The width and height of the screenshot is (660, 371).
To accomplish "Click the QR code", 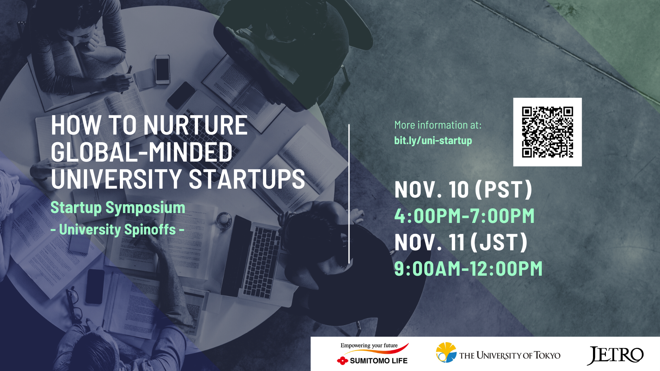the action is [547, 132].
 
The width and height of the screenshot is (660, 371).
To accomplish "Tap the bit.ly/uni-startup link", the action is [433, 140].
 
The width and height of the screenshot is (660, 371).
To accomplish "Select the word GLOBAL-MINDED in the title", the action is [142, 152].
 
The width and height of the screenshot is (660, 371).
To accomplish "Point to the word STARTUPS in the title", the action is [247, 179].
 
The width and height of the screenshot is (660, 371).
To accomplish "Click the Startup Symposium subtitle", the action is [118, 208].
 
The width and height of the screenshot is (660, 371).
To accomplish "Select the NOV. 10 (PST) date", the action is [463, 190].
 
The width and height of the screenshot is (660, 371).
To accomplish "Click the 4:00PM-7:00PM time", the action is [464, 216].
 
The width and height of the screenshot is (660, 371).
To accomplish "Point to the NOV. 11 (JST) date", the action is [461, 242].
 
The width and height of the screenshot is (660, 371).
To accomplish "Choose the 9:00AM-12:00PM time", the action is [468, 268].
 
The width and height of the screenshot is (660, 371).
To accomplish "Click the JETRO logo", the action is [615, 356].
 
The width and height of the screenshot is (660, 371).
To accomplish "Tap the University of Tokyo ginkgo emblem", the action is [446, 352].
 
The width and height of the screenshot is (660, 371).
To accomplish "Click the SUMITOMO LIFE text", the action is [379, 361].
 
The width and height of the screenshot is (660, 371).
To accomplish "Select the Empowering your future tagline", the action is [369, 346].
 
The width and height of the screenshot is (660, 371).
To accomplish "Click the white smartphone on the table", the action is [162, 70].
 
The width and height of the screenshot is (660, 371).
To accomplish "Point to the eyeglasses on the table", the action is [73, 305].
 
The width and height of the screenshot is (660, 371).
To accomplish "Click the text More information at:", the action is [438, 125].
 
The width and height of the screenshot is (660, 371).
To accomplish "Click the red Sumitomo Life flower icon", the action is [343, 361].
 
